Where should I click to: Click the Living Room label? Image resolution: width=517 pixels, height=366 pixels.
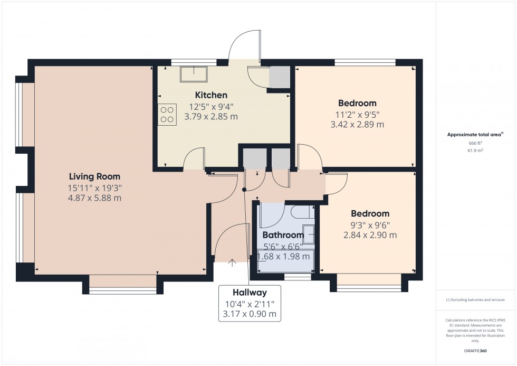click(94, 176)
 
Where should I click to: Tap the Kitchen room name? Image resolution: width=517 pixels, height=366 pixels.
click(211, 95)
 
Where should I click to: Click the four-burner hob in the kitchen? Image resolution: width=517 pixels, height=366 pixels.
click(167, 115)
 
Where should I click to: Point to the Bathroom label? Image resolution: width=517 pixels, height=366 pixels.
click(283, 235)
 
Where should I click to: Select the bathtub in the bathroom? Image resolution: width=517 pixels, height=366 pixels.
click(285, 261)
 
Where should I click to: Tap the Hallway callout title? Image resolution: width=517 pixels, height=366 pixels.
click(250, 293)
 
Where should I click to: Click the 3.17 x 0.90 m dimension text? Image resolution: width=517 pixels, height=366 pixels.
click(250, 314)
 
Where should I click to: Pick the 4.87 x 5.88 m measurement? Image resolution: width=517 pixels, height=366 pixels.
click(95, 198)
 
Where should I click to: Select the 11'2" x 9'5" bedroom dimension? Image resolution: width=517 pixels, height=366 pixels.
click(357, 114)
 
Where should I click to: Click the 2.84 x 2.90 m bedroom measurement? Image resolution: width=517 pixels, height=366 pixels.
click(370, 235)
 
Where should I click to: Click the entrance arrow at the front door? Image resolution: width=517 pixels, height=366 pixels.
click(232, 261)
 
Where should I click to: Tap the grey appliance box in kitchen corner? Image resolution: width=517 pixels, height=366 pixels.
click(279, 77)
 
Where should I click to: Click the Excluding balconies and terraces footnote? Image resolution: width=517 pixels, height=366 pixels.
click(475, 299)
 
